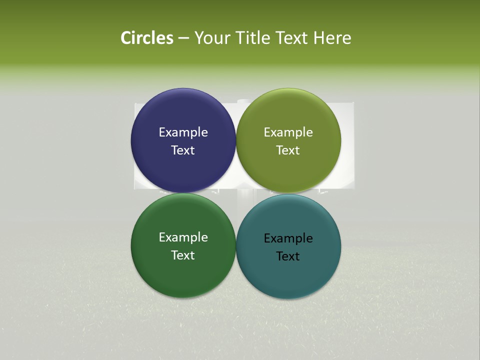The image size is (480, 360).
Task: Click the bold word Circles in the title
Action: tap(147, 38)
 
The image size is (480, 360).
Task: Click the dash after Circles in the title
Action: tap(183, 38)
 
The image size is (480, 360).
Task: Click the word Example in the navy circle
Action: tap(183, 132)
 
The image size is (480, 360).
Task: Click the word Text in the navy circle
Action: tap(183, 150)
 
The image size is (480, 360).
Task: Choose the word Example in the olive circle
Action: tap(288, 132)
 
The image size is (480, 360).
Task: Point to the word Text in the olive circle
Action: tap(288, 150)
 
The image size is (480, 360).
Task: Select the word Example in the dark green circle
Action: tap(183, 237)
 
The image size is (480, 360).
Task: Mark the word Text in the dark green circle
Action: tap(183, 255)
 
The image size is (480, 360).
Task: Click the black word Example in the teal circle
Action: tap(288, 238)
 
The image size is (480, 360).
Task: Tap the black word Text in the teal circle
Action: tap(288, 256)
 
